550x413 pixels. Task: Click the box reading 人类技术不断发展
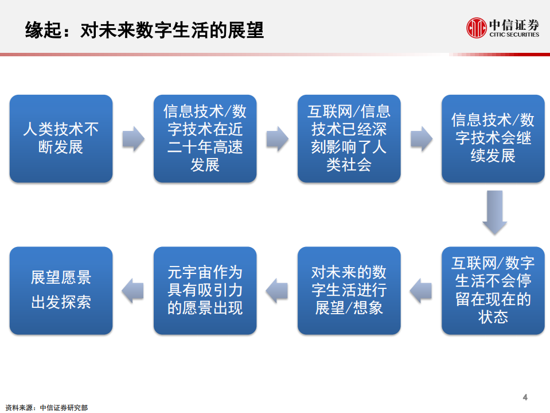(x=61, y=138)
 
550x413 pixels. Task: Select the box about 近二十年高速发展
(x=205, y=138)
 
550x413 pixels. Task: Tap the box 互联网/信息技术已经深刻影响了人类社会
(x=349, y=138)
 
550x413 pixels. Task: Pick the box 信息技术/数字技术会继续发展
(x=493, y=138)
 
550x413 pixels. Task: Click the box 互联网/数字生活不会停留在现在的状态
(x=493, y=291)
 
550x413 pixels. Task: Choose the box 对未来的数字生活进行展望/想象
(x=349, y=291)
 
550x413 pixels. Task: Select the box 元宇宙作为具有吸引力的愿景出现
(x=205, y=291)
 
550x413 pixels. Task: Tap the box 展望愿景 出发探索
(x=61, y=291)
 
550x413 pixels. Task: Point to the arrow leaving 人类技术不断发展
(x=133, y=138)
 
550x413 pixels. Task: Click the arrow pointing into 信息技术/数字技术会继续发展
(x=421, y=138)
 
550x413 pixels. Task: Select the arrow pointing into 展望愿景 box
(x=133, y=290)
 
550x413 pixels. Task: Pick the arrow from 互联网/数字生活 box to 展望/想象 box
(x=421, y=290)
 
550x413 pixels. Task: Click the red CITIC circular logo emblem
(x=475, y=28)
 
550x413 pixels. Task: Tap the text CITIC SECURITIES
(x=514, y=34)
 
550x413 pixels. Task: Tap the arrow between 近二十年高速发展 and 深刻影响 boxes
(x=277, y=138)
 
